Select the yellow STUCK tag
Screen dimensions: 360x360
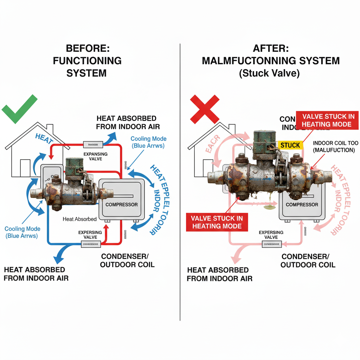click(x=290, y=145)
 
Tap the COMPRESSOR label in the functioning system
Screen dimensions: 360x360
click(x=121, y=204)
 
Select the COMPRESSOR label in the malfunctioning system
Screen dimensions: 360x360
click(x=302, y=204)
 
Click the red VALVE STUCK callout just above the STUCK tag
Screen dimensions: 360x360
click(x=327, y=120)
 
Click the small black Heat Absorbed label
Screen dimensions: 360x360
click(x=79, y=219)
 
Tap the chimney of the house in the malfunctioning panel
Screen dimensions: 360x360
click(x=232, y=129)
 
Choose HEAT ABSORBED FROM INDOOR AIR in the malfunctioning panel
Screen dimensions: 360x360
click(x=219, y=274)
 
